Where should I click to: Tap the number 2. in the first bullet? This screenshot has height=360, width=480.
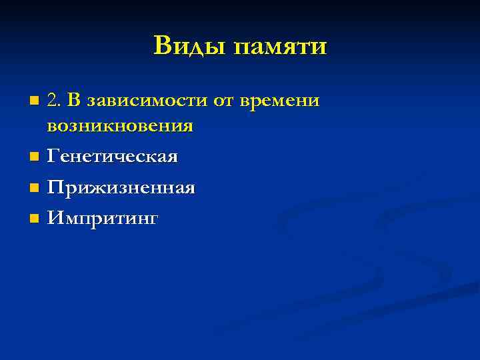tap(54, 101)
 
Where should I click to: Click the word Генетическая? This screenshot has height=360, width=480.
tap(112, 157)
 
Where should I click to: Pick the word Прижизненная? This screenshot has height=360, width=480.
tap(121, 188)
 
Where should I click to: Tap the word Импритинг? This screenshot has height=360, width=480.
tap(103, 219)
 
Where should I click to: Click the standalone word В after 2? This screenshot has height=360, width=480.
tap(74, 101)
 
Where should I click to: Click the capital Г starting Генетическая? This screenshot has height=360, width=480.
tap(53, 157)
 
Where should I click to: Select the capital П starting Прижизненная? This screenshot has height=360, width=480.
tap(55, 187)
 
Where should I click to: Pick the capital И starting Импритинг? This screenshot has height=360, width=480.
tap(55, 218)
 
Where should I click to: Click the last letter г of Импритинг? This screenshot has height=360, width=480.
tap(155, 220)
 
